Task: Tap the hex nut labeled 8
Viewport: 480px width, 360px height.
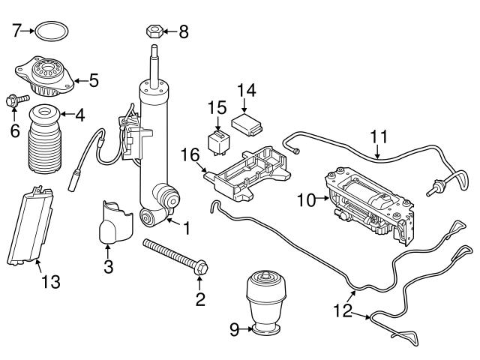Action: (x=151, y=32)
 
